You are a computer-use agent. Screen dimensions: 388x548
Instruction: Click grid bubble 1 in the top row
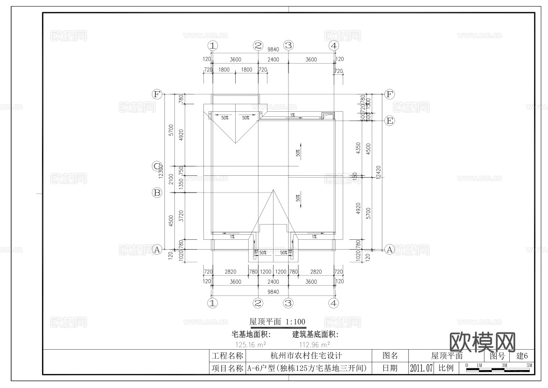(x=213, y=45)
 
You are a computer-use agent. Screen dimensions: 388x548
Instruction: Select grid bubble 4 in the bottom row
(x=333, y=303)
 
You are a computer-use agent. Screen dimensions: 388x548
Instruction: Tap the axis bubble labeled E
(x=389, y=121)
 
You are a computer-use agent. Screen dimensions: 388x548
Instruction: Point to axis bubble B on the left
(x=157, y=192)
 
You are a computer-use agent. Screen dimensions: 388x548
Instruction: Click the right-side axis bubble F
(x=389, y=94)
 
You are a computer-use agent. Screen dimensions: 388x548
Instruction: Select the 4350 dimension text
(x=358, y=148)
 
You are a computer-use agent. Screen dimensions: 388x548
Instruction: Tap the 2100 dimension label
(x=171, y=179)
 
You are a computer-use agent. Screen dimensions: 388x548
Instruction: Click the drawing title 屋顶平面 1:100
(x=277, y=322)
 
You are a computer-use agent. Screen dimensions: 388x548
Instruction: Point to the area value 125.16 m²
(x=251, y=345)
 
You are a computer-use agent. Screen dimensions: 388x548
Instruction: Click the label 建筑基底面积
(x=315, y=335)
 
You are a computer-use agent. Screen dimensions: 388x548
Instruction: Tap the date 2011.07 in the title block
(x=421, y=368)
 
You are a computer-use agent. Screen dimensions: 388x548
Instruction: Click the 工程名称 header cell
(x=227, y=356)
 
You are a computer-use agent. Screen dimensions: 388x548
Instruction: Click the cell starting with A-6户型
(x=307, y=368)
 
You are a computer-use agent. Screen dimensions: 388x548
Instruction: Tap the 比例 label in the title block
(x=446, y=368)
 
